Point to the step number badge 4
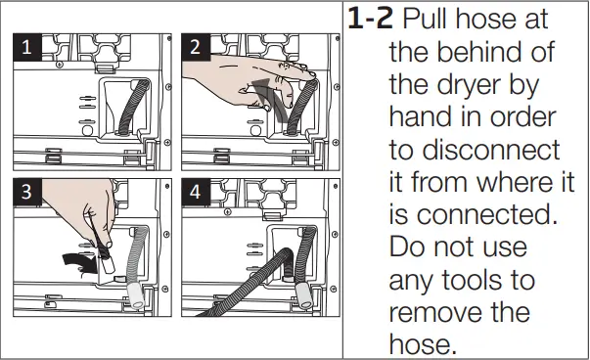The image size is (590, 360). (x=195, y=192)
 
